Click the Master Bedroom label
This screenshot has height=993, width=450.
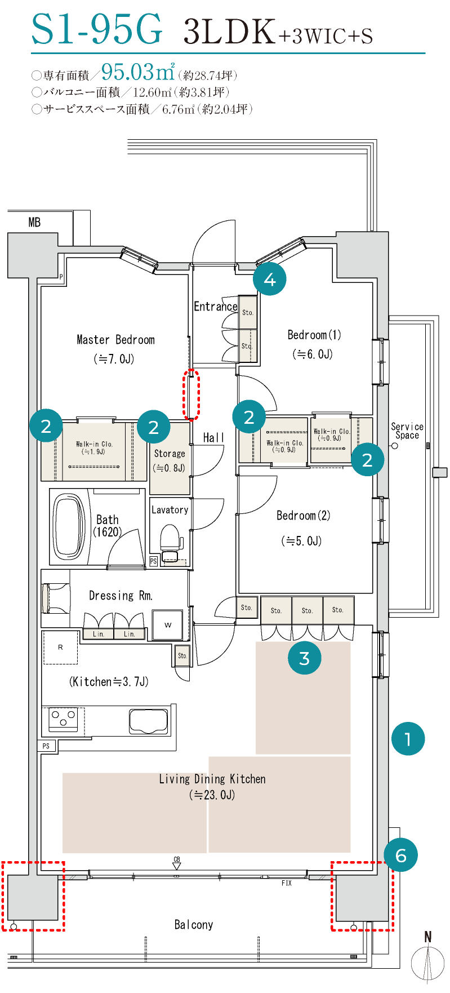pyautogui.click(x=115, y=340)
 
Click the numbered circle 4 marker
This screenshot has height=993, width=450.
pyautogui.click(x=270, y=279)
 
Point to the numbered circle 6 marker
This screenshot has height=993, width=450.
pyautogui.click(x=400, y=855)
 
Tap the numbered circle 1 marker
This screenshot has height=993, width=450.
pyautogui.click(x=408, y=738)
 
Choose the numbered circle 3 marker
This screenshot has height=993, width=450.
pyautogui.click(x=305, y=658)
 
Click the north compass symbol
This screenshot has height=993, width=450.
pyautogui.click(x=428, y=960)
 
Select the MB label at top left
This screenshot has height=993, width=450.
pyautogui.click(x=34, y=223)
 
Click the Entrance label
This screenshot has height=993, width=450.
pyautogui.click(x=215, y=307)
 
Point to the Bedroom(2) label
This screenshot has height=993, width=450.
pyautogui.click(x=304, y=516)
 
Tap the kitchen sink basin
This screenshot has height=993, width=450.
pyautogui.click(x=149, y=720)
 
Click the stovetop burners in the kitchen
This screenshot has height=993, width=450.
pyautogui.click(x=63, y=719)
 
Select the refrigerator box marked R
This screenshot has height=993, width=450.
pyautogui.click(x=61, y=648)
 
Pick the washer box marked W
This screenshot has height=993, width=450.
pyautogui.click(x=168, y=625)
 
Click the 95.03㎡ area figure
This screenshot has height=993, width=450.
pyautogui.click(x=138, y=72)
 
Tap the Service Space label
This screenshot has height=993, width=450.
pyautogui.click(x=407, y=431)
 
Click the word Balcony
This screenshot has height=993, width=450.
pyautogui.click(x=194, y=925)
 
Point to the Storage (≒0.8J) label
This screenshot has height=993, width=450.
pyautogui.click(x=170, y=460)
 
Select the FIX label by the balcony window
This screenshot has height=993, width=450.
pyautogui.click(x=287, y=883)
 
